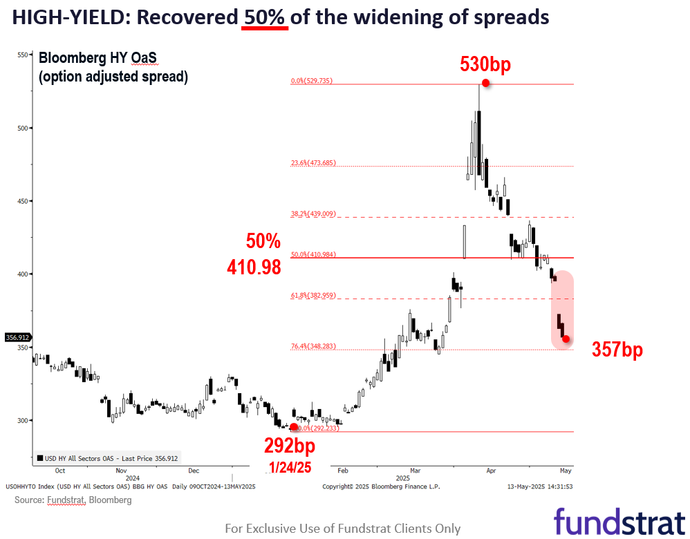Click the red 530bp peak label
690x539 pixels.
(485, 65)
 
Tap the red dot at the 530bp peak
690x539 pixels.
(486, 83)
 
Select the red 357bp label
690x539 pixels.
(617, 350)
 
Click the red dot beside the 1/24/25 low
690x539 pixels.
(294, 427)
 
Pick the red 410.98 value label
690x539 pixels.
(254, 266)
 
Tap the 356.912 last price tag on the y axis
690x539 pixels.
(17, 337)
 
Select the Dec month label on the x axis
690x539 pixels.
(194, 471)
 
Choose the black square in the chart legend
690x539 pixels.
(39, 457)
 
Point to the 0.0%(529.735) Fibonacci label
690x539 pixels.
(311, 81)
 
